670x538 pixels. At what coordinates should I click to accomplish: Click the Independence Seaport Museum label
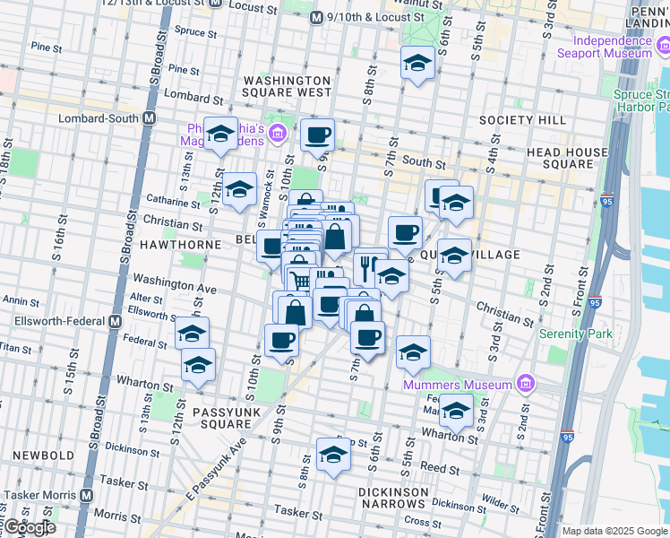coord(613,47)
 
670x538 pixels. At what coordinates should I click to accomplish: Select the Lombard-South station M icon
coord(149,118)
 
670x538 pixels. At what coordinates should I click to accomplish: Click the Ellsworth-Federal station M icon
coord(116,321)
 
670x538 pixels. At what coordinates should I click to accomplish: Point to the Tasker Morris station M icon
coord(87,495)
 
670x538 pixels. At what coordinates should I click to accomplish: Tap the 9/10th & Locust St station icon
coord(316,17)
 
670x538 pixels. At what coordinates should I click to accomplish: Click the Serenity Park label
coord(576,334)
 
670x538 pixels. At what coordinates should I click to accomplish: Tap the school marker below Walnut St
coord(417,63)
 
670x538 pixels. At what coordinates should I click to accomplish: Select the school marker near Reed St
coord(333,454)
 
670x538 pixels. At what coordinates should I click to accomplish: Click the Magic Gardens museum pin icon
coord(278,134)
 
